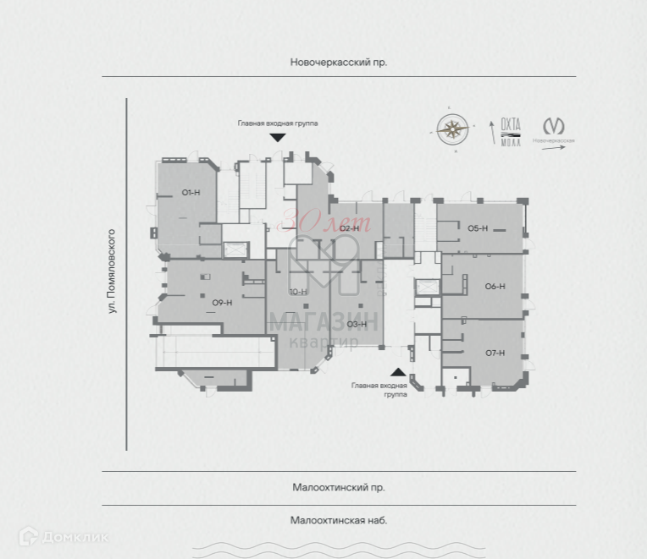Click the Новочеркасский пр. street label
[x=338, y=63]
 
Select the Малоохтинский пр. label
[x=338, y=487]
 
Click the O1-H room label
[x=191, y=193]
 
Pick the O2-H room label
[x=349, y=228]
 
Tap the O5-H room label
[x=478, y=228]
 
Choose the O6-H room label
[x=495, y=286]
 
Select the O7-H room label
[x=495, y=352]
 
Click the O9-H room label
[x=222, y=303]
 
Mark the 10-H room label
[x=297, y=292]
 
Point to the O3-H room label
[x=356, y=324]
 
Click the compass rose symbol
[x=453, y=129]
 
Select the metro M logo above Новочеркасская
[x=554, y=125]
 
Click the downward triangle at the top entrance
[x=277, y=137]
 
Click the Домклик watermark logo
[x=64, y=536]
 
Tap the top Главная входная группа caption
[x=277, y=123]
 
